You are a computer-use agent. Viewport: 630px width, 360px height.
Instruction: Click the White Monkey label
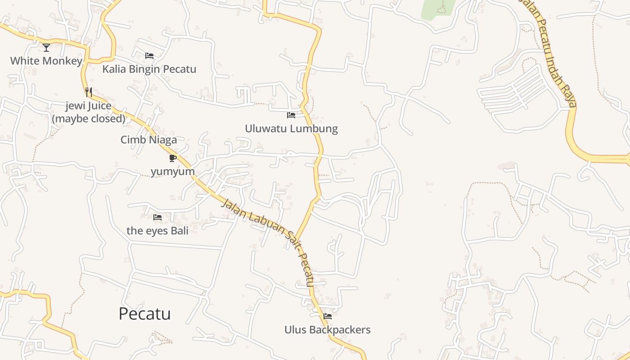pyautogui.click(x=46, y=61)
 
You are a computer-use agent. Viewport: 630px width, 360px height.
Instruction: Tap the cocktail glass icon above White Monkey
pyautogui.click(x=46, y=47)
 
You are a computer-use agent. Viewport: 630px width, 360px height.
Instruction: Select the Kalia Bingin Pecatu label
pyautogui.click(x=149, y=69)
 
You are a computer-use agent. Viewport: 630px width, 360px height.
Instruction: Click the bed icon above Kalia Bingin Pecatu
pyautogui.click(x=149, y=56)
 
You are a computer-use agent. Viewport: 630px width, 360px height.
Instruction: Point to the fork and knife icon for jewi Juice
pyautogui.click(x=89, y=92)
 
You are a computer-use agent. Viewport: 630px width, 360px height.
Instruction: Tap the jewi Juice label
pyautogui.click(x=89, y=106)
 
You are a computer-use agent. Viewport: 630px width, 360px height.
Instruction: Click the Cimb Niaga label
pyautogui.click(x=148, y=139)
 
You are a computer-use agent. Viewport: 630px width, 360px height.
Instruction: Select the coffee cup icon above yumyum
pyautogui.click(x=172, y=158)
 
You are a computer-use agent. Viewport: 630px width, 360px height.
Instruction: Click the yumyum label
pyautogui.click(x=173, y=171)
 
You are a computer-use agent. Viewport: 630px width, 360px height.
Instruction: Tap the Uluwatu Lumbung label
pyautogui.click(x=291, y=129)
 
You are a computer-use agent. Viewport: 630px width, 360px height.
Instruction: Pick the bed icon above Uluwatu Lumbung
pyautogui.click(x=291, y=115)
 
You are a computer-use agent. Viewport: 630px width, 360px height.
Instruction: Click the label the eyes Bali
pyautogui.click(x=157, y=230)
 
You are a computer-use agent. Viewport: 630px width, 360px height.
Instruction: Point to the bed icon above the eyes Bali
pyautogui.click(x=157, y=217)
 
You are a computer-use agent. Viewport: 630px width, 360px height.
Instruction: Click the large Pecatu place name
pyautogui.click(x=144, y=314)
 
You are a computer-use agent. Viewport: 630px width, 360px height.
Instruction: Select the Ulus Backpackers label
pyautogui.click(x=328, y=330)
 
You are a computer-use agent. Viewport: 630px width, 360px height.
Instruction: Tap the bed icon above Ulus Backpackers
pyautogui.click(x=328, y=316)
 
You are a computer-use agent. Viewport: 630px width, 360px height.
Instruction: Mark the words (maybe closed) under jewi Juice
pyautogui.click(x=89, y=118)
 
